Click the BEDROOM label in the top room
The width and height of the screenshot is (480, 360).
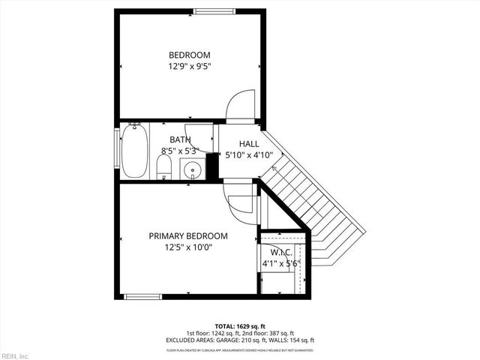pyautogui.click(x=189, y=55)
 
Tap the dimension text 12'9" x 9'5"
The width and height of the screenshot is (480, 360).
pyautogui.click(x=189, y=66)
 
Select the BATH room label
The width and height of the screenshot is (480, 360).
pyautogui.click(x=180, y=139)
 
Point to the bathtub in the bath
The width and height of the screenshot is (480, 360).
pyautogui.click(x=134, y=151)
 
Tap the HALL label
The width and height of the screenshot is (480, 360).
pyautogui.click(x=249, y=144)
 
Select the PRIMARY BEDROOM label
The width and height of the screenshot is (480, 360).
pyautogui.click(x=188, y=235)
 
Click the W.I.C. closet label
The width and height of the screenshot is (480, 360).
pyautogui.click(x=281, y=252)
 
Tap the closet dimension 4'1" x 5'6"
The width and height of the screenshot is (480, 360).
pyautogui.click(x=281, y=263)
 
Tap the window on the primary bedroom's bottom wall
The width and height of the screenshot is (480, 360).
pyautogui.click(x=143, y=297)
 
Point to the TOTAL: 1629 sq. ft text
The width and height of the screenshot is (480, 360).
pyautogui.click(x=240, y=327)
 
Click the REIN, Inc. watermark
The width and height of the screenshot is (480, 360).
pyautogui.click(x=14, y=355)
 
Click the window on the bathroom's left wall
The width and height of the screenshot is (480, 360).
pyautogui.click(x=116, y=150)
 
